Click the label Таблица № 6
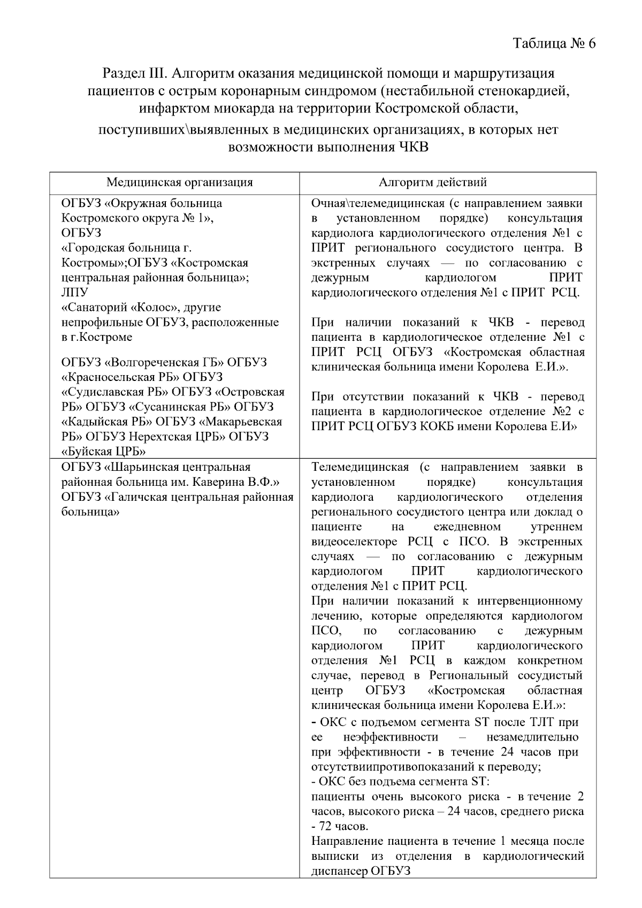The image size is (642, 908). pyautogui.click(x=554, y=43)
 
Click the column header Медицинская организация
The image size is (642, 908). pyautogui.click(x=179, y=182)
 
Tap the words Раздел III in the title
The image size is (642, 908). pyautogui.click(x=135, y=73)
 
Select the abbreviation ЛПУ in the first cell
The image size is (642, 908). pyautogui.click(x=75, y=293)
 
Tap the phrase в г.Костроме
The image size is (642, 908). pyautogui.click(x=97, y=337)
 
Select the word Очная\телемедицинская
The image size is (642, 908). pyautogui.click(x=378, y=203)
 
